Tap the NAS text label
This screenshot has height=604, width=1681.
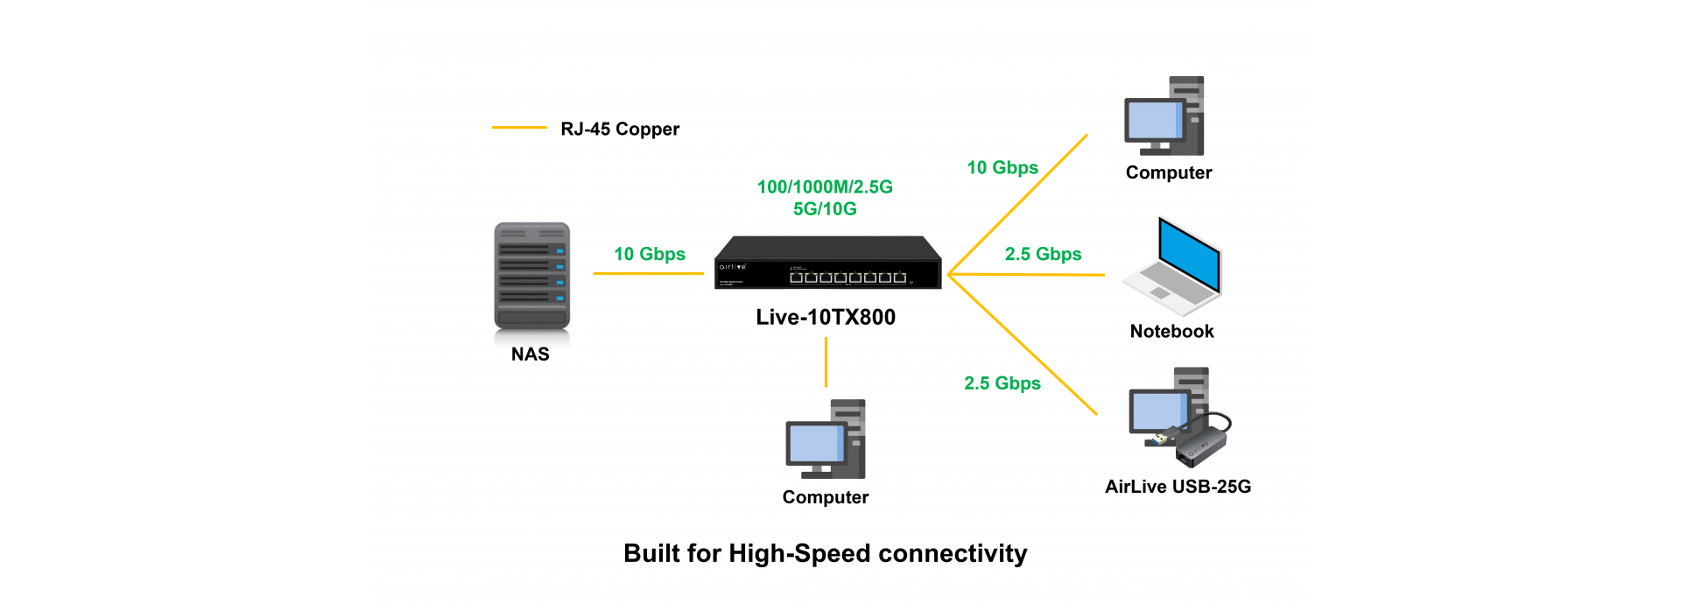click(531, 355)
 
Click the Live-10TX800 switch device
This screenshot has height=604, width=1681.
click(827, 263)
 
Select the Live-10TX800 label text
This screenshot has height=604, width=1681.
click(826, 318)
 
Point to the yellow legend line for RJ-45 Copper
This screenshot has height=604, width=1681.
click(519, 128)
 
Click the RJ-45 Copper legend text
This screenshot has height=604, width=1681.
click(620, 130)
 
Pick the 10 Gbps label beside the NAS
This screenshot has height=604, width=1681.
click(650, 254)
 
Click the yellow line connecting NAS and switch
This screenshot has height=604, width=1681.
click(648, 274)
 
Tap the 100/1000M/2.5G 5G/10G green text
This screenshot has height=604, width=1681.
click(825, 198)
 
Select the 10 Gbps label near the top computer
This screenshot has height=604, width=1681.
click(1002, 168)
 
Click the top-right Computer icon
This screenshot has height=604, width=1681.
click(1164, 116)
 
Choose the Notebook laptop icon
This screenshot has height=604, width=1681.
click(1173, 266)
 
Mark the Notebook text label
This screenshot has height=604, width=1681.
click(1171, 332)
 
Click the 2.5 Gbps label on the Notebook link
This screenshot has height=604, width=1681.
click(1043, 255)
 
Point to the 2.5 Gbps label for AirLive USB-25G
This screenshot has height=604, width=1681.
click(1002, 383)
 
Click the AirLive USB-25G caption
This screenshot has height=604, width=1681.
click(1178, 487)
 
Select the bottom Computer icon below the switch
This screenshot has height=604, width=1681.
click(826, 439)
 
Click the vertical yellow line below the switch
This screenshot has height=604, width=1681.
click(826, 362)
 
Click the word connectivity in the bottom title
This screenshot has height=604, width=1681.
click(953, 554)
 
